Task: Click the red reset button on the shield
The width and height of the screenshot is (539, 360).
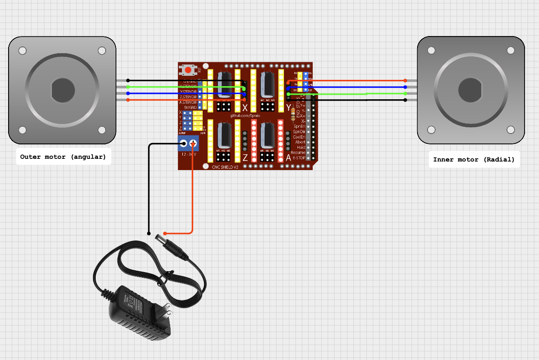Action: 187,70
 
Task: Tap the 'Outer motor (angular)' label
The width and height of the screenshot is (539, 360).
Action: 63,157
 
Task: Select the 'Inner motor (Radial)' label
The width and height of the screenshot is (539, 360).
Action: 474,159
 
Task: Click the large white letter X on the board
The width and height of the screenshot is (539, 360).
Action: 245,108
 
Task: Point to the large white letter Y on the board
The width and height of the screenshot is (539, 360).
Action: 288,107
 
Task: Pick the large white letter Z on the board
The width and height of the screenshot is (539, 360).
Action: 245,157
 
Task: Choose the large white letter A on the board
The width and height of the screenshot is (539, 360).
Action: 288,157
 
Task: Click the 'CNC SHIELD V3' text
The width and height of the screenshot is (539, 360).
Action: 225,166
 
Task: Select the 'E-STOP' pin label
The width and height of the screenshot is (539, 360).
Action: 298,158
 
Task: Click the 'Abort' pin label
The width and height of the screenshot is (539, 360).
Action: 300,142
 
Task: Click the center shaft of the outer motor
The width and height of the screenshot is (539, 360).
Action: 62,90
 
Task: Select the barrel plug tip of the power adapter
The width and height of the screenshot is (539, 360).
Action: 159,237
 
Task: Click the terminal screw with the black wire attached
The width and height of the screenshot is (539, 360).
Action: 183,144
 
